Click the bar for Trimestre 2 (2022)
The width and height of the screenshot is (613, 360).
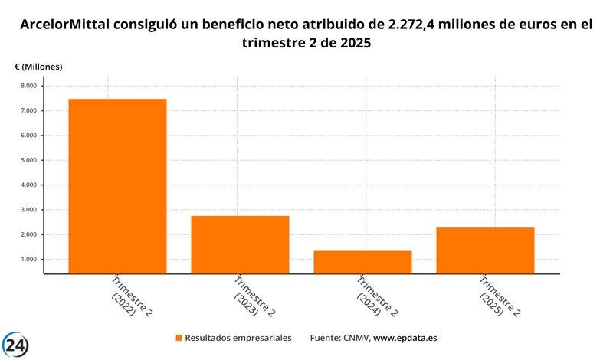click(x=117, y=186)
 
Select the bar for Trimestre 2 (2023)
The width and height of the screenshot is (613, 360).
click(x=240, y=244)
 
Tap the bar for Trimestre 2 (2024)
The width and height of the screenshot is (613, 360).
click(x=362, y=262)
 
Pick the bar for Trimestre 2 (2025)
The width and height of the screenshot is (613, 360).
click(x=485, y=250)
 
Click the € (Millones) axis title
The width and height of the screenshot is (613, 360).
click(x=38, y=67)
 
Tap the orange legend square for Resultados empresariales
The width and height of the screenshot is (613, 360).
click(x=179, y=338)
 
